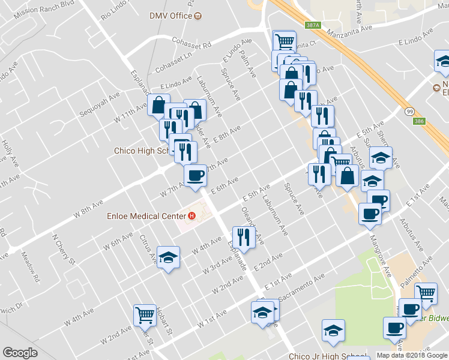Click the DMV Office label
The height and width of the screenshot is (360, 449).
click(171, 16)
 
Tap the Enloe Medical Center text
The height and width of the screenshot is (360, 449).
click(146, 216)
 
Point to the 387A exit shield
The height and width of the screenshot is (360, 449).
click(313, 26)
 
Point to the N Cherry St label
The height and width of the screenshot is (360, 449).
click(63, 249)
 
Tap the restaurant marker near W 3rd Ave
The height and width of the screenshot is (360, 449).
click(243, 236)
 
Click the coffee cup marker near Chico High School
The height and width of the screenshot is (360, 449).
click(194, 175)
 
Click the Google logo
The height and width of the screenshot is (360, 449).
click(20, 353)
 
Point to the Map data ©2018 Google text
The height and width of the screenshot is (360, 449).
click(411, 355)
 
